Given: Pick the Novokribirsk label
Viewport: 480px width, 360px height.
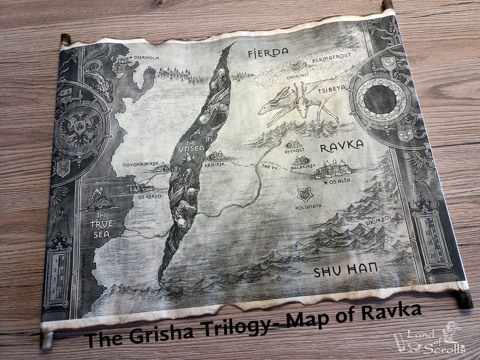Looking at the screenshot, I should (140, 165).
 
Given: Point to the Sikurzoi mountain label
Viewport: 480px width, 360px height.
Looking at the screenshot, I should (378, 220).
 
